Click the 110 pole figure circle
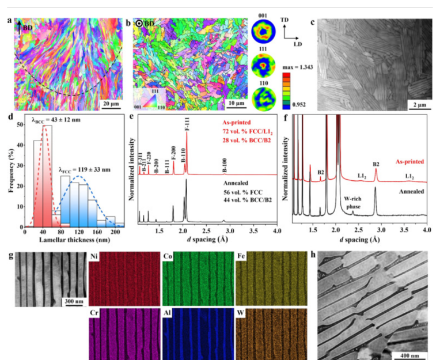(263, 94)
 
